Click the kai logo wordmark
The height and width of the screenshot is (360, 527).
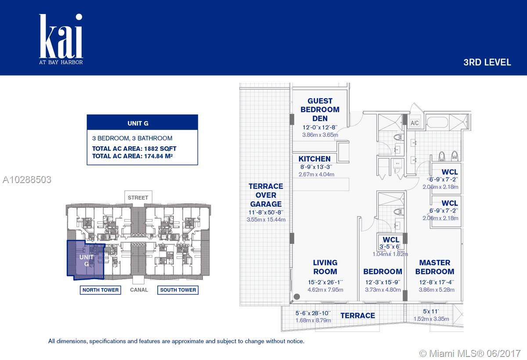(61, 36)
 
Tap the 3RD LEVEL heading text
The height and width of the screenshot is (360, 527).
(487, 62)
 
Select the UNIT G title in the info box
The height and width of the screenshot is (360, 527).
(138, 123)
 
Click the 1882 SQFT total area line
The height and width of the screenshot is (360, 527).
(134, 148)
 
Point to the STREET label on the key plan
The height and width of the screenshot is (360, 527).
(138, 198)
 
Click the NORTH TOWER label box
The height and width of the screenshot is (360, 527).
(101, 290)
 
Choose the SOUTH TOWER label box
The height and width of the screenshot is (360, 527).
(178, 290)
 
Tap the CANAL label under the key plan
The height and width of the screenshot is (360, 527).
(139, 290)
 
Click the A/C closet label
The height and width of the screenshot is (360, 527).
(415, 123)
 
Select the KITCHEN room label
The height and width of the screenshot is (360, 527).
(314, 159)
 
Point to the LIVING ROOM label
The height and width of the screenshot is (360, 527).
(325, 267)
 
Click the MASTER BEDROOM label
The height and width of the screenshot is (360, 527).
(435, 267)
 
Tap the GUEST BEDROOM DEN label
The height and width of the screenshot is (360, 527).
(320, 110)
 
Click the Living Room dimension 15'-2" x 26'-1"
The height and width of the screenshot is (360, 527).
(325, 282)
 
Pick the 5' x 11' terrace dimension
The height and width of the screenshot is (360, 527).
(431, 311)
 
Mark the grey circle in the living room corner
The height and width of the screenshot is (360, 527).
(297, 296)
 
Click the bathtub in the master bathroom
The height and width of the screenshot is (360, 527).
(437, 122)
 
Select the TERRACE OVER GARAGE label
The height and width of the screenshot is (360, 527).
(266, 195)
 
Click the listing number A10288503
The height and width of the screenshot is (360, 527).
(27, 180)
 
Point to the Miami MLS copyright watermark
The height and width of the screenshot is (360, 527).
(470, 353)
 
